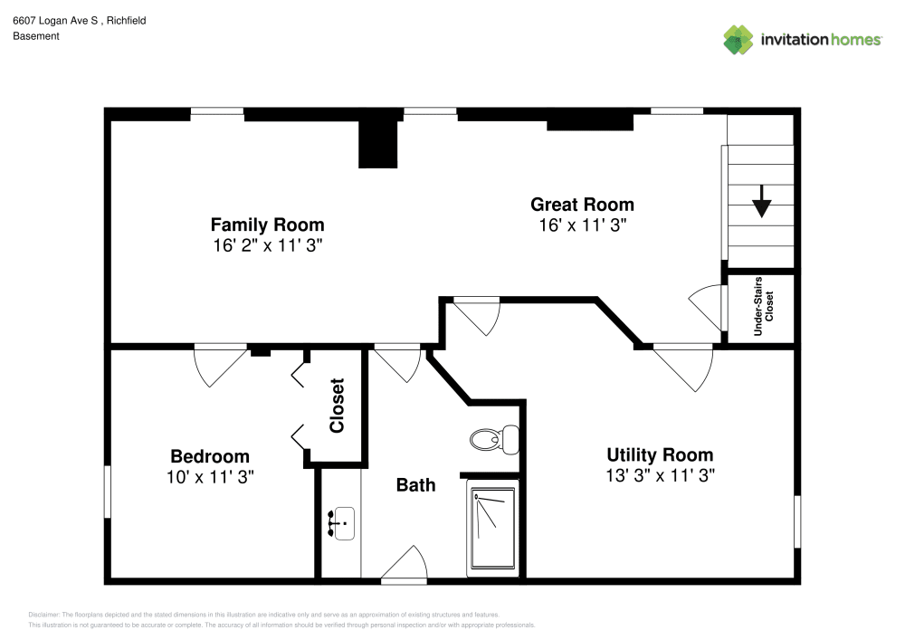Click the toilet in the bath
pos(493,440)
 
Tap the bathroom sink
pos(341,523)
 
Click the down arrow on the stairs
pos(761,201)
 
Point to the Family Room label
pos(267,224)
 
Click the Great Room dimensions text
pos(582,226)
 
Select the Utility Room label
pos(660,454)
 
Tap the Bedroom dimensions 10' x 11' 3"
pos(210,477)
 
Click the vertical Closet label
pos(338,405)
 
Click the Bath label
pos(415,485)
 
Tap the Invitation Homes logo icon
pos(738,40)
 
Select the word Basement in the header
pos(36,36)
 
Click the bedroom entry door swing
pos(219,365)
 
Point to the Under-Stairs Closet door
pos(709,307)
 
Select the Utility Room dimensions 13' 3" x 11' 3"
pos(661,476)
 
